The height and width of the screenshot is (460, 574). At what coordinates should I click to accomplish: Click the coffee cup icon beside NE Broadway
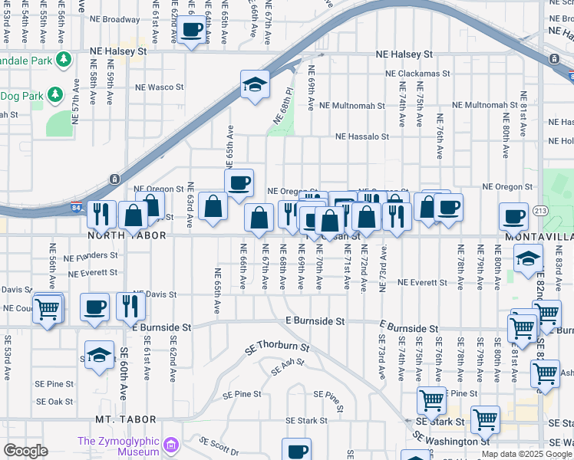(192, 31)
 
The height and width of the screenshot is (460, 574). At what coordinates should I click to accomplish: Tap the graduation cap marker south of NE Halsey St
(255, 85)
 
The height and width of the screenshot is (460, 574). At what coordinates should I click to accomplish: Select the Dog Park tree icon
(54, 94)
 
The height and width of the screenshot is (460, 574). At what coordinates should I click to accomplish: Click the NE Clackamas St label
(418, 74)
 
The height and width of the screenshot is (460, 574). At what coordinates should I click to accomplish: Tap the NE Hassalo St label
(362, 137)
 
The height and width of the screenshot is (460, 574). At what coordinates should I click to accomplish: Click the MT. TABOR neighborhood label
(127, 419)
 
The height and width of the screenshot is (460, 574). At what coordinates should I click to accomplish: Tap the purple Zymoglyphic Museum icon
(171, 444)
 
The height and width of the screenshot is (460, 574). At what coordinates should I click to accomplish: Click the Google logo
(25, 451)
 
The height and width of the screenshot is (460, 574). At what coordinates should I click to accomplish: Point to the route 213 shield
(540, 209)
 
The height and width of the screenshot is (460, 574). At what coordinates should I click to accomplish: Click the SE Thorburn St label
(276, 347)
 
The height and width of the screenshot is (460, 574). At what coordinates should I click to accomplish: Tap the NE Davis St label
(154, 294)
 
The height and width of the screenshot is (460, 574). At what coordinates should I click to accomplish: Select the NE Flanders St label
(91, 255)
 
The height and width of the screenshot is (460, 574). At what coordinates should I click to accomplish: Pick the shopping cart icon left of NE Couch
(48, 309)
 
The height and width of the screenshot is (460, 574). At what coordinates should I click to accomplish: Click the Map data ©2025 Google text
(526, 454)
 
